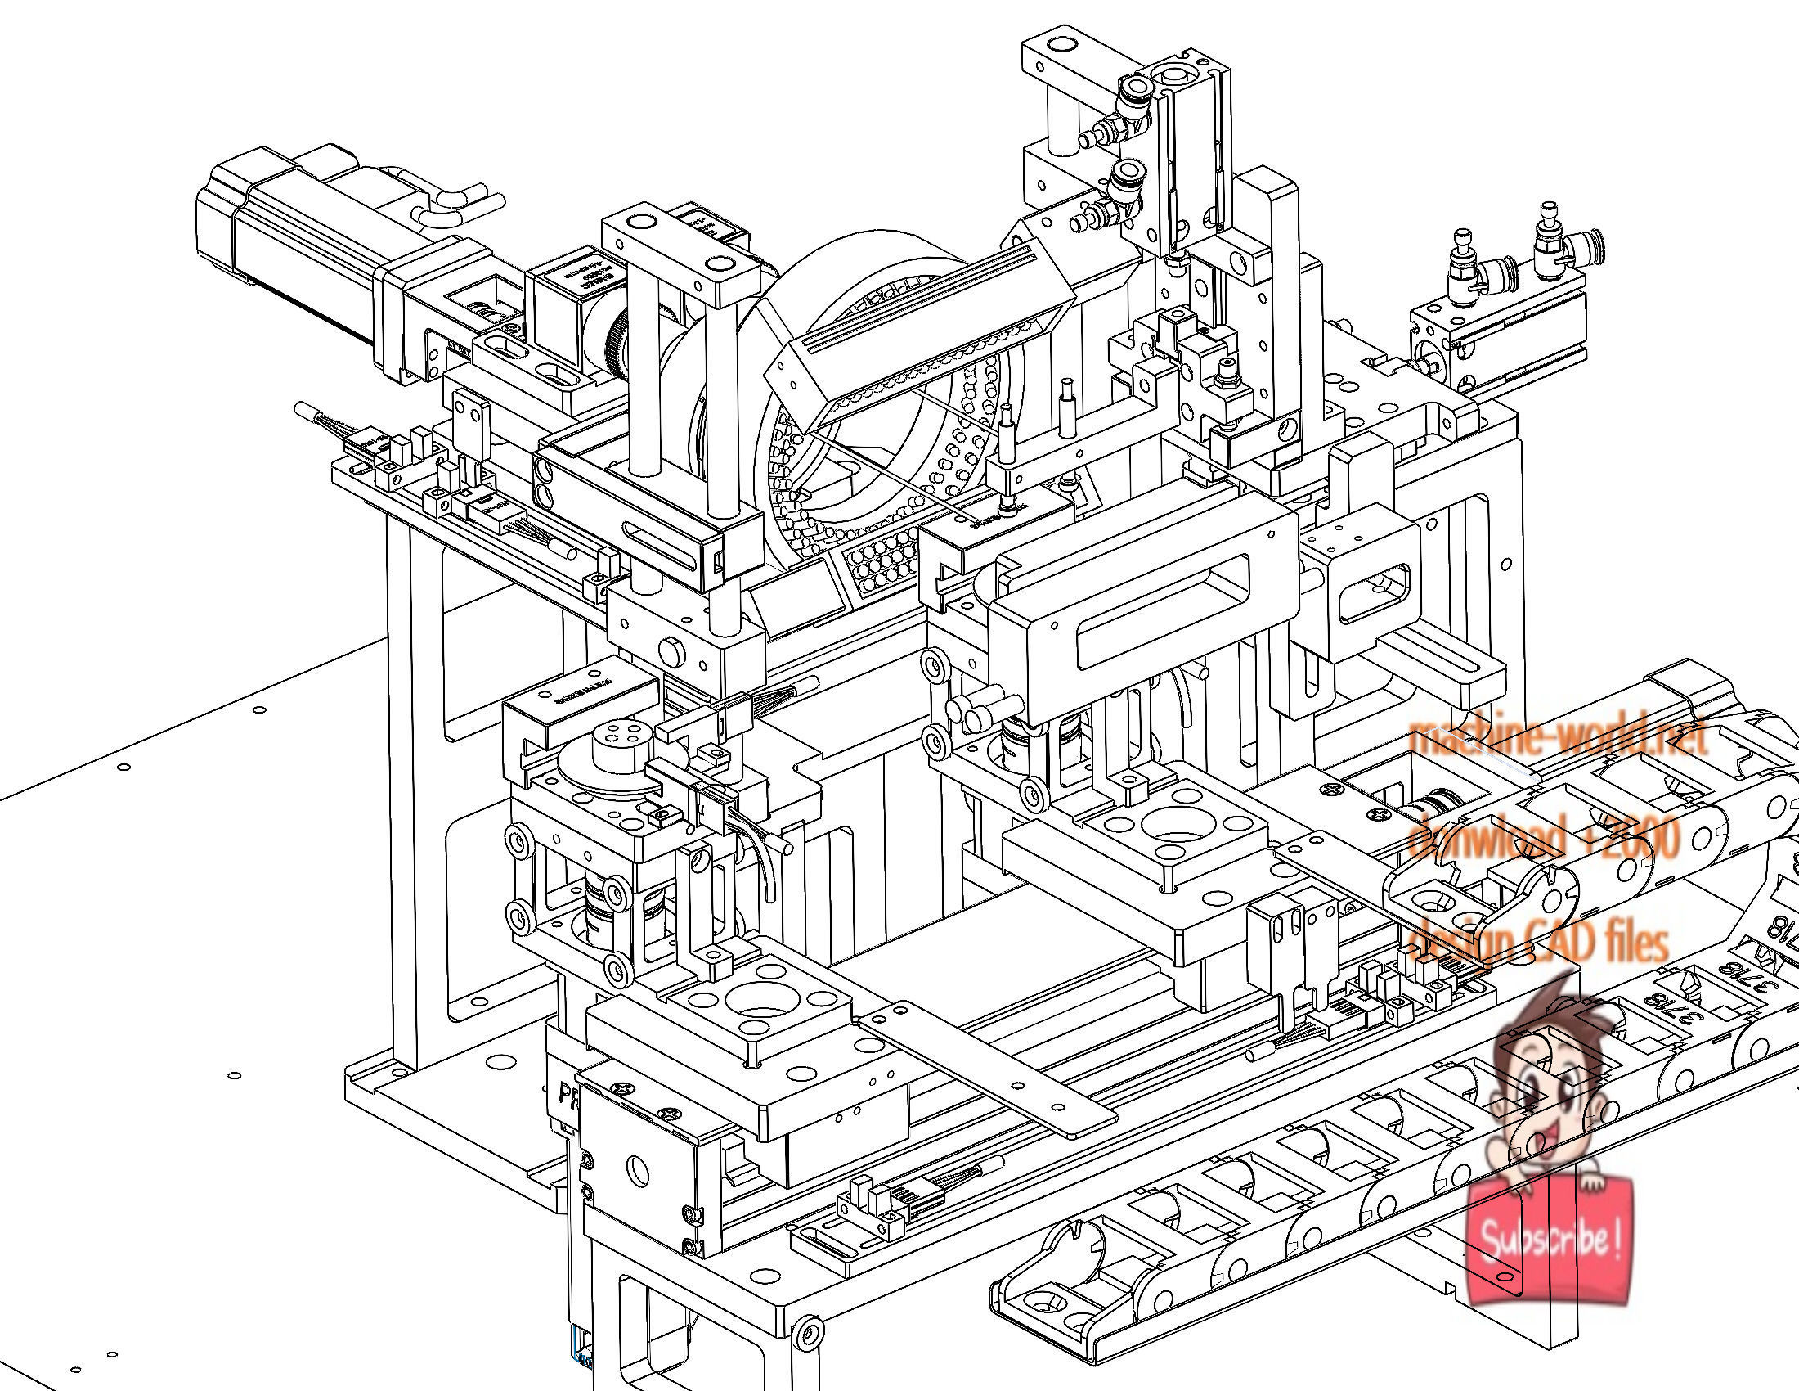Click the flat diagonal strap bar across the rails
click(989, 1071)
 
